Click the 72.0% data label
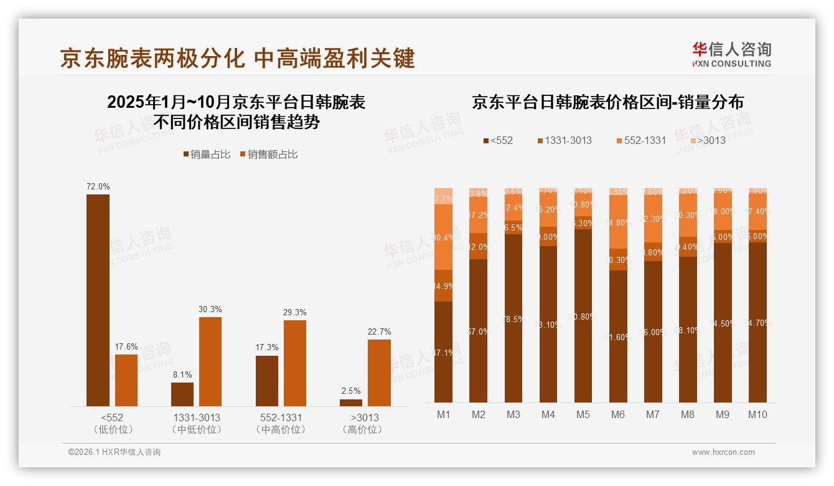tap(98, 186)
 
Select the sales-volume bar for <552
tap(98, 300)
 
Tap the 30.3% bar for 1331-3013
tap(210, 361)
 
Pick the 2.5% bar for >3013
tap(351, 403)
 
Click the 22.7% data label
tap(379, 331)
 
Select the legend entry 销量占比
tap(207, 155)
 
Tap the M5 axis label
tap(583, 414)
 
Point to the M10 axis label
tap(757, 414)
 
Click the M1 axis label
tap(443, 414)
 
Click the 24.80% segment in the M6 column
tap(617, 222)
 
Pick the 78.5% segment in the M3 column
tap(513, 318)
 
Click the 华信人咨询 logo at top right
tap(731, 54)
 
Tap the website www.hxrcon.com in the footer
tap(723, 452)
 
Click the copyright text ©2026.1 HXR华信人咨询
tap(115, 452)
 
